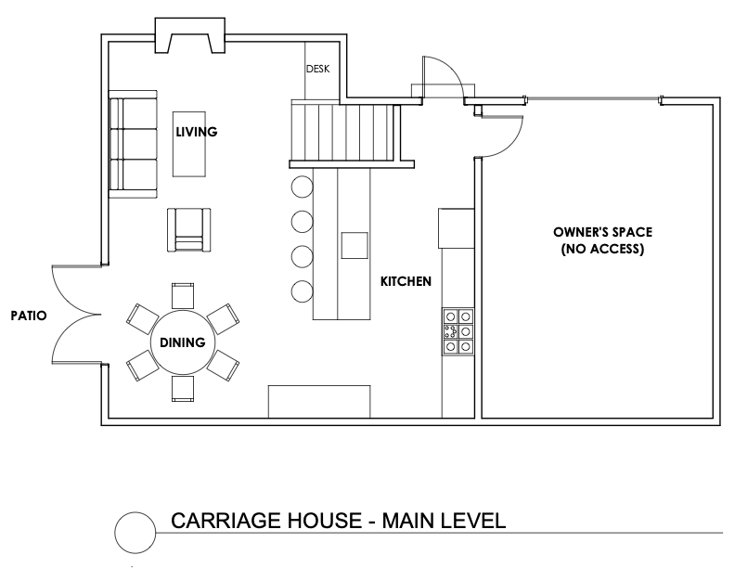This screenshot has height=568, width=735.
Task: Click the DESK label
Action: (x=317, y=69)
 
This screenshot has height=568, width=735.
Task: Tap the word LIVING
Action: (x=197, y=132)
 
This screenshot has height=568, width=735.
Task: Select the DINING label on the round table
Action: (x=182, y=342)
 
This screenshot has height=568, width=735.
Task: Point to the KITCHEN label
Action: (x=406, y=281)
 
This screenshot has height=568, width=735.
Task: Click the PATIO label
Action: (x=29, y=316)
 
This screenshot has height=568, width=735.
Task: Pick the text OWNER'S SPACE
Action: (x=602, y=232)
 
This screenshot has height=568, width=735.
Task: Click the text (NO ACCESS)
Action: (x=602, y=249)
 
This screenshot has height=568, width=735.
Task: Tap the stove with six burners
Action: (x=458, y=331)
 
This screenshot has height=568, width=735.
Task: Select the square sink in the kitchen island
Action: (x=355, y=245)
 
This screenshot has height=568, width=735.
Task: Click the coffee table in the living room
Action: (x=189, y=144)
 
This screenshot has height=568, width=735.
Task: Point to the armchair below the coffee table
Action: (x=189, y=229)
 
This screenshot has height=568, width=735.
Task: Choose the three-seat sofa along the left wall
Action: (x=133, y=145)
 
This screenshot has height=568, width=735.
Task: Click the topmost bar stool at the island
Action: (x=302, y=187)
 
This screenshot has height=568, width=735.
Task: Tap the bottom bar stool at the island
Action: (x=302, y=291)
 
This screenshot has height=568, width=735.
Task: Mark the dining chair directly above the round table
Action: (x=182, y=296)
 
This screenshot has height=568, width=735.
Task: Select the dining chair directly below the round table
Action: (x=182, y=389)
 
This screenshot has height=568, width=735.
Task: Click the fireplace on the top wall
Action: (x=190, y=35)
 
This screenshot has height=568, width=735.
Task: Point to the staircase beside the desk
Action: (x=345, y=134)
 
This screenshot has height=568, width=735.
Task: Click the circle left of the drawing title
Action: (x=135, y=533)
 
